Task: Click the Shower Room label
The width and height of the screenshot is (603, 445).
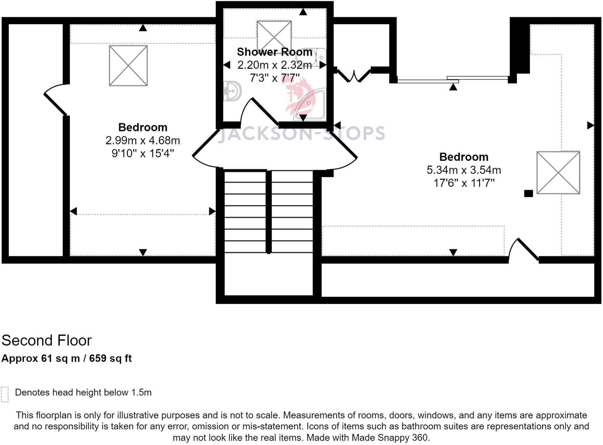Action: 275,52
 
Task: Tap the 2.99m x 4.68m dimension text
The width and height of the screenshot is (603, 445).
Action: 143,140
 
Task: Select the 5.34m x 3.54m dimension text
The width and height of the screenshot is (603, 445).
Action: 464,170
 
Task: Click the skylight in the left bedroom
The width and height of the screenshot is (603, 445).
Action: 128,66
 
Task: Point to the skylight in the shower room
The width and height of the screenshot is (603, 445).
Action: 274,36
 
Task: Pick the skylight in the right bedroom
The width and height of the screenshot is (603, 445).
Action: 558,172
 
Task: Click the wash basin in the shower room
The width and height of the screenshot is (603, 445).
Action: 232,91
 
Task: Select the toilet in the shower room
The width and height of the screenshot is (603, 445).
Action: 311,58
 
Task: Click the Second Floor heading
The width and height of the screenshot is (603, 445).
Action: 46,341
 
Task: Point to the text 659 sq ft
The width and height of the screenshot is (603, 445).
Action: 110,358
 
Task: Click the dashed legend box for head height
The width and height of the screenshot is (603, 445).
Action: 5,395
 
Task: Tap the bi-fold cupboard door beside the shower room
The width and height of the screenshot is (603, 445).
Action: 353,75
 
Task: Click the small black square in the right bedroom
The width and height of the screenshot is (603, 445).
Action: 529,194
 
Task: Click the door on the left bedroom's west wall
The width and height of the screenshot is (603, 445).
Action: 56,100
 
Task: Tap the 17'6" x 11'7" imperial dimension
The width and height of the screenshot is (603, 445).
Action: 464,183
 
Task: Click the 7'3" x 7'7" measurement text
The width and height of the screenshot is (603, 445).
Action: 275,78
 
